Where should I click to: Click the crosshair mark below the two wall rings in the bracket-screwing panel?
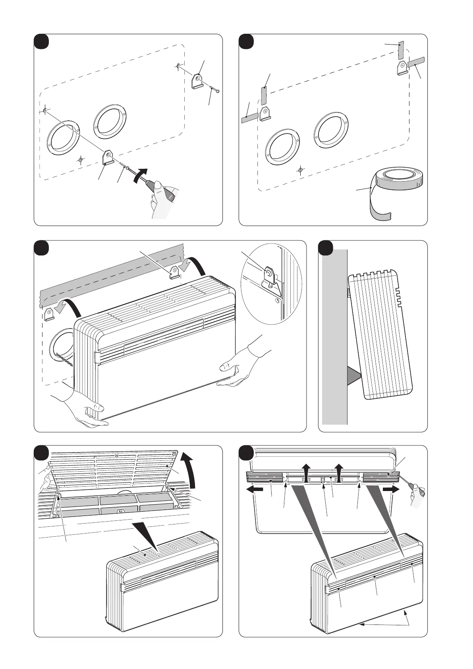[81, 160]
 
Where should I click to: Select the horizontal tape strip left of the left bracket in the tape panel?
[250, 118]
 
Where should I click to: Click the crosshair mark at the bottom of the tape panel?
[301, 170]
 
